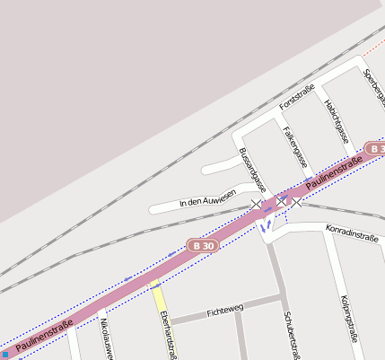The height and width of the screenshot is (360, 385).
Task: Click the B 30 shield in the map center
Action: [x=203, y=245]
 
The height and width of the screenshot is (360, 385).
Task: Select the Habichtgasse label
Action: [x=336, y=120]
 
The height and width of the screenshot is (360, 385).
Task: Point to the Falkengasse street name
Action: [x=294, y=146]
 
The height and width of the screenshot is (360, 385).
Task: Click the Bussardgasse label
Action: [x=252, y=170]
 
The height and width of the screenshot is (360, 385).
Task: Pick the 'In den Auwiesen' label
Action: [x=207, y=198]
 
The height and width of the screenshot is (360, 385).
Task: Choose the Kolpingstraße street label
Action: [x=351, y=319]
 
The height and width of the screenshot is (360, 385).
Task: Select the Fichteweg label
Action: [x=224, y=311]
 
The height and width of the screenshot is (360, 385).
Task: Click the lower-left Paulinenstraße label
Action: [x=43, y=333]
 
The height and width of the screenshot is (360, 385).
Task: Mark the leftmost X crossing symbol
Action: [x=257, y=206]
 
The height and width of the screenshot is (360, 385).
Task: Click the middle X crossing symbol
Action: [x=281, y=200]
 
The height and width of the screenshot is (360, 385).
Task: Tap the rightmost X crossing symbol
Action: [x=298, y=202]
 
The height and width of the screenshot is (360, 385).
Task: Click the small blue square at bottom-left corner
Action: [x=4, y=355]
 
